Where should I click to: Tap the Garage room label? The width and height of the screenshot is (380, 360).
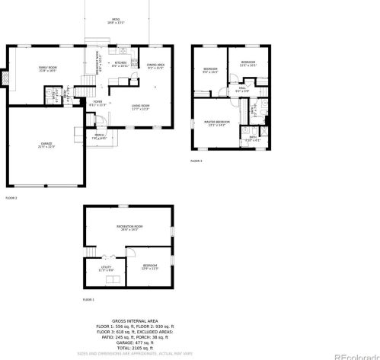(x=46, y=145)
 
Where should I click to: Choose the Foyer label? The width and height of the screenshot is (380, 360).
(x=98, y=103)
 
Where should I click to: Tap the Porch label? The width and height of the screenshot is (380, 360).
(x=99, y=137)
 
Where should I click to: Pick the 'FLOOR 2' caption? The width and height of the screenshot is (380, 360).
(x=11, y=198)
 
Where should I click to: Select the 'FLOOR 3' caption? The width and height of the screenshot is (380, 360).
(x=196, y=161)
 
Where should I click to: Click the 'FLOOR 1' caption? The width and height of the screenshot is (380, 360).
(x=89, y=301)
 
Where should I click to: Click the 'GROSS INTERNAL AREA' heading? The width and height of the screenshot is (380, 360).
(x=134, y=322)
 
